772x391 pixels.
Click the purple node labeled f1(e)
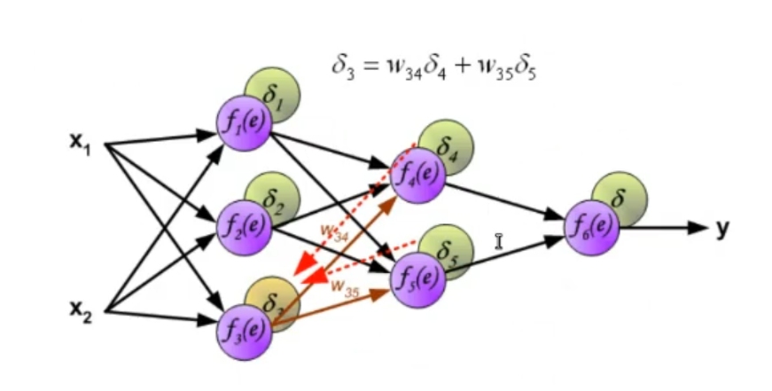pos(243,123)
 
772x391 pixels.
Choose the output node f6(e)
pos(591,225)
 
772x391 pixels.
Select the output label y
pos(723,228)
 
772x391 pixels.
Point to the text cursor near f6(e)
pos(499,240)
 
